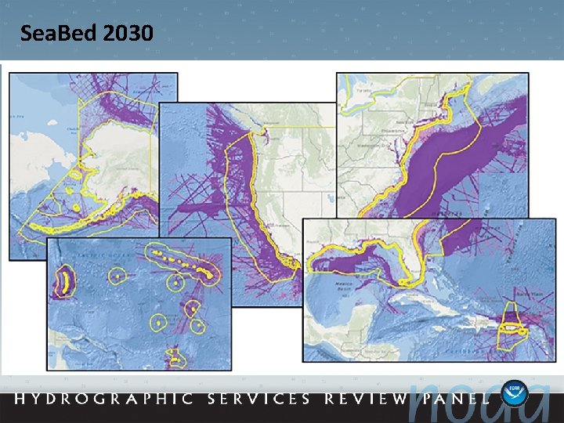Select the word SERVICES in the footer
[258, 399]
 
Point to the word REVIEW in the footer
[366, 399]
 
